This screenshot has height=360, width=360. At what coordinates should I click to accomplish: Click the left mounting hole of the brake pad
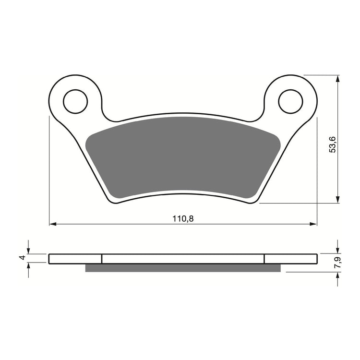pos(75,101)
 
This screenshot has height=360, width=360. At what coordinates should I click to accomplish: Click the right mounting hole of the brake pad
pos(291,101)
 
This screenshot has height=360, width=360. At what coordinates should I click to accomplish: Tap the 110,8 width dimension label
pos(183,218)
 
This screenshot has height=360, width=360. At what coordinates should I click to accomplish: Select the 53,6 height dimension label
pos(332,144)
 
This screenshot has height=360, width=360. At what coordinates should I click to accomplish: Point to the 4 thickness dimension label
pos(22,258)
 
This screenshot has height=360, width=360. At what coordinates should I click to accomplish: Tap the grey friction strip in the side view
pos(182,268)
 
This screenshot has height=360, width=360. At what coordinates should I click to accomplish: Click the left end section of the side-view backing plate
pos(75,258)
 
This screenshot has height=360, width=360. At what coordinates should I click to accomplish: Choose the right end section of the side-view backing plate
pos(291,258)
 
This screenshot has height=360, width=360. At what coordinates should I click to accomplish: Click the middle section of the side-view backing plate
pos(183,258)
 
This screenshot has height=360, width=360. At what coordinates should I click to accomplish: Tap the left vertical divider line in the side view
pos(102,258)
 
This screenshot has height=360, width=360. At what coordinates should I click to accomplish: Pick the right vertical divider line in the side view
pos(264,258)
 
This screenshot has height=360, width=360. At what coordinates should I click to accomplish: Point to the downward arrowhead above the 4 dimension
pos(29,251)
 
